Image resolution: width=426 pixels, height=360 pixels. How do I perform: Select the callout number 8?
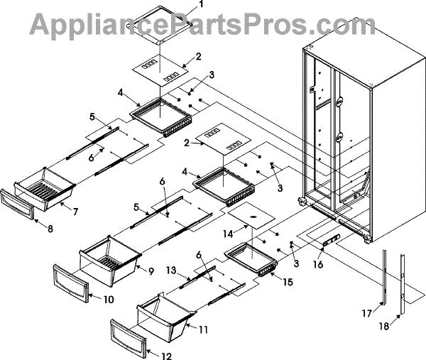[x=49, y=229]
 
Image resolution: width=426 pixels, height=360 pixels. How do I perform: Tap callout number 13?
[x=170, y=270]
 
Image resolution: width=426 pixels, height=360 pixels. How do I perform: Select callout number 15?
[x=287, y=283]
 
